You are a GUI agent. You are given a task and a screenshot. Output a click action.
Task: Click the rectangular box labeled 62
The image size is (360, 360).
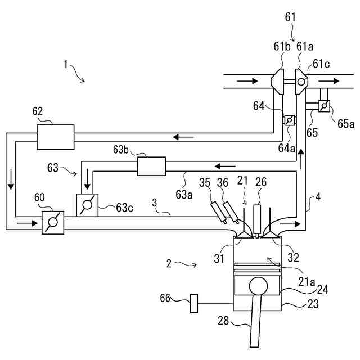point(56,137)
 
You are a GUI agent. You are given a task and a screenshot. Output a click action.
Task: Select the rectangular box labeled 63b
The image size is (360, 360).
point(151,166)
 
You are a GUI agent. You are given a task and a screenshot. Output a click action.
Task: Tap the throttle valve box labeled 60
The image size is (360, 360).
point(53,223)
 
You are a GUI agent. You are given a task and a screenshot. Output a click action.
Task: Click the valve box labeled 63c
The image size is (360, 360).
point(87,205)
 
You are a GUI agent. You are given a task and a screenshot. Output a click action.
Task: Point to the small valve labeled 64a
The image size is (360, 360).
point(290,120)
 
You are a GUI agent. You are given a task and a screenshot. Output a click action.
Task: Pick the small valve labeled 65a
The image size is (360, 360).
point(324,106)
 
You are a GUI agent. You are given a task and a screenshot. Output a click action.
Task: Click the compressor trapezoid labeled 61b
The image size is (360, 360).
point(277,82)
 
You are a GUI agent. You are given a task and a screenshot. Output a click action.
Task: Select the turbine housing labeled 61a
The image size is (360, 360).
point(301,82)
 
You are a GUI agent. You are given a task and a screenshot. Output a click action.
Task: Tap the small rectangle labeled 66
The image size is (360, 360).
point(194,303)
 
